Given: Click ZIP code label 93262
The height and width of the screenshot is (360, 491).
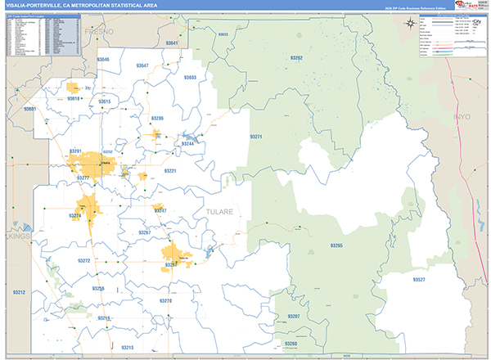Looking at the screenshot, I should coord(296,58).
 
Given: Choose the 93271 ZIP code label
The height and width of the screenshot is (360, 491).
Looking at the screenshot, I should coord(255,137).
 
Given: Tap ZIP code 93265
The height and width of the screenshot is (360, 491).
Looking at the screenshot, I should coord(337,245).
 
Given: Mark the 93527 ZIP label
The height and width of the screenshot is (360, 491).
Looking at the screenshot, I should coord(419,279).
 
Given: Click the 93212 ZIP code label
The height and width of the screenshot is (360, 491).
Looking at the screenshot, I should coord(18,292).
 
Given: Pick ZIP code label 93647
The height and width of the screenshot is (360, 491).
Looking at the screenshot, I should coord(143,65).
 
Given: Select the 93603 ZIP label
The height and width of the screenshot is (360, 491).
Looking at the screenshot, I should coord(189,77).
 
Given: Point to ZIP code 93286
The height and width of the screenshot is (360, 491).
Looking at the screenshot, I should coord(157,119).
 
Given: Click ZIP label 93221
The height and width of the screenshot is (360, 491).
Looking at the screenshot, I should coord(170,171).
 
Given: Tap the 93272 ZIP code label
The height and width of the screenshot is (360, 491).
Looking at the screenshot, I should coord(84,260).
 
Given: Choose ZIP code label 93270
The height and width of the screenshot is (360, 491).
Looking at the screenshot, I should coord(166,301).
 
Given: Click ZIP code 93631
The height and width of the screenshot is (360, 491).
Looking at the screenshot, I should coord(30,109).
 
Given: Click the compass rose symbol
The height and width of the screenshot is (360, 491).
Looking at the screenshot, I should coord(409,24).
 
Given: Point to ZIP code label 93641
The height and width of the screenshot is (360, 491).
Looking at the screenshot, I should coord(171,43).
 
